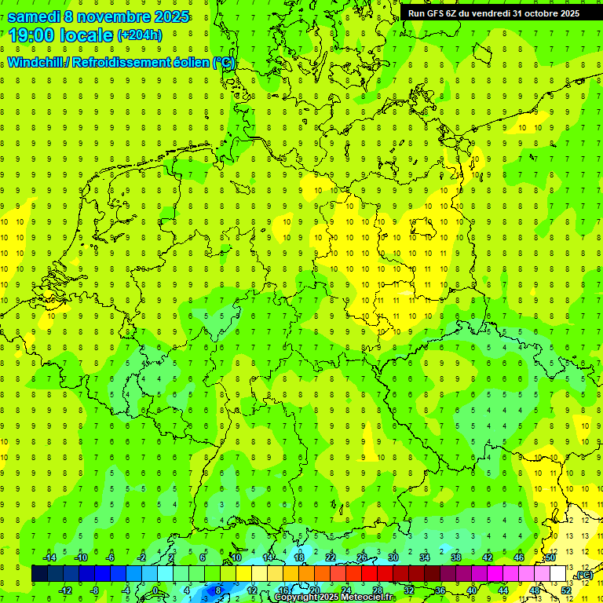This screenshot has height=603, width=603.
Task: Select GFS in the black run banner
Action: click(x=434, y=13)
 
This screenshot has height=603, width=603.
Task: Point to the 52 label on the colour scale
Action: click(x=566, y=590)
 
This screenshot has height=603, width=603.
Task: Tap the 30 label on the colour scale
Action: click(x=393, y=557)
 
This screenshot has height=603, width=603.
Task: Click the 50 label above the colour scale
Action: click(x=550, y=557)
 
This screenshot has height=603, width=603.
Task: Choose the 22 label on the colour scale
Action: click(x=331, y=557)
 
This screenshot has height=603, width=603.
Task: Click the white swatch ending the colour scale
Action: click(x=558, y=574)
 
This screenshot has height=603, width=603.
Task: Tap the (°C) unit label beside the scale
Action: click(x=584, y=576)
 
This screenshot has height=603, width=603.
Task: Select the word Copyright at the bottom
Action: click(x=296, y=598)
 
